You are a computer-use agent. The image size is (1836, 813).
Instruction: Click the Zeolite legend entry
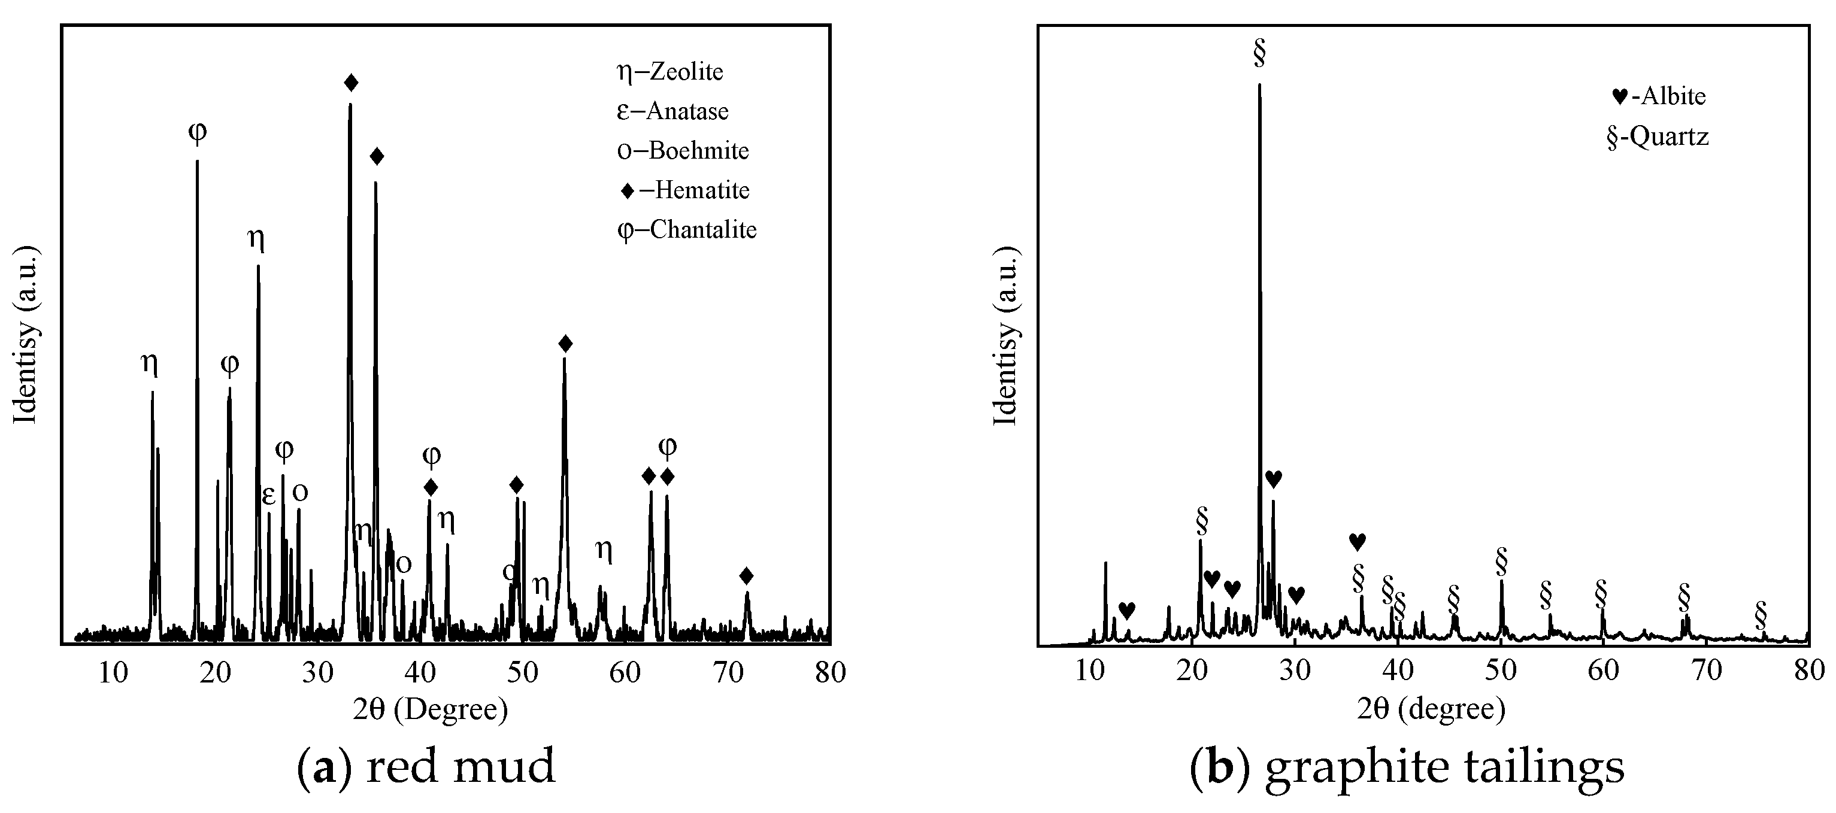(669, 72)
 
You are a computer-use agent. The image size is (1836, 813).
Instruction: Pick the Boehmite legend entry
(683, 151)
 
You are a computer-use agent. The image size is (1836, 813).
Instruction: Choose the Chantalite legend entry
(686, 230)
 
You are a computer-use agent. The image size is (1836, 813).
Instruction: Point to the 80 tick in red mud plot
(829, 672)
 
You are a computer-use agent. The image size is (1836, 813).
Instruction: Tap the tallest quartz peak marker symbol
(1259, 54)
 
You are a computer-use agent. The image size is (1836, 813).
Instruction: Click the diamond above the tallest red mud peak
(351, 83)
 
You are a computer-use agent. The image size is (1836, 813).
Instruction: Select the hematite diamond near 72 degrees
(746, 576)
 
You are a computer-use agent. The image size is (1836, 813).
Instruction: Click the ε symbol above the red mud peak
(269, 496)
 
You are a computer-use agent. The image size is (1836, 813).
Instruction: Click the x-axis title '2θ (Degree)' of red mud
(431, 709)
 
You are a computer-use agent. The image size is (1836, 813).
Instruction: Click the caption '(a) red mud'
(426, 768)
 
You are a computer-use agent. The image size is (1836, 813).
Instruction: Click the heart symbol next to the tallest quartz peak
(1274, 479)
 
